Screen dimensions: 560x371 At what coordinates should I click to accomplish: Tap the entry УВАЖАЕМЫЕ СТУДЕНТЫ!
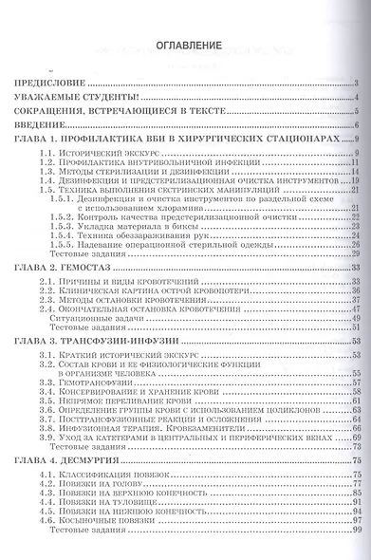tap(76, 98)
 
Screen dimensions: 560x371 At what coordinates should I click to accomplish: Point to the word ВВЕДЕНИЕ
tap(41, 124)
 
